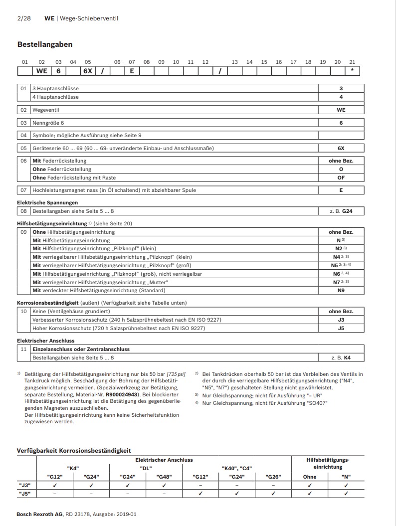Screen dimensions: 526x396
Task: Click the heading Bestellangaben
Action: [x=45, y=44]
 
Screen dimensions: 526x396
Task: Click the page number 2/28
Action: [x=23, y=18]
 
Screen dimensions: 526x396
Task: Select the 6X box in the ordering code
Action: [x=88, y=71]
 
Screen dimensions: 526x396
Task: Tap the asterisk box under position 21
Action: [x=352, y=71]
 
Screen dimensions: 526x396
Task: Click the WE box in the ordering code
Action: [x=42, y=71]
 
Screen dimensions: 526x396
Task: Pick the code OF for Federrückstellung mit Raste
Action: [x=341, y=177]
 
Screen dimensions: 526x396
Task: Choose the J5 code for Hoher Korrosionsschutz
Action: [x=341, y=328]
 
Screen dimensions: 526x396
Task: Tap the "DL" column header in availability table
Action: [x=146, y=468]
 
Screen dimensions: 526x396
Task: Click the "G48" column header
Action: [x=164, y=477]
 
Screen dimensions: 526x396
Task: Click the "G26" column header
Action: [x=273, y=477]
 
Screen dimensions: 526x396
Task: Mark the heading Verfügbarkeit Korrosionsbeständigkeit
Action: [x=74, y=450]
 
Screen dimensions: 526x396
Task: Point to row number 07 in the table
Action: [x=23, y=190]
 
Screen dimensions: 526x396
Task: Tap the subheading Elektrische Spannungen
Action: [x=47, y=202]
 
